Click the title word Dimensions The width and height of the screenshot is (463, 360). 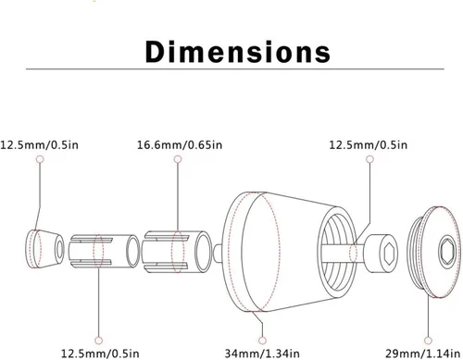238,52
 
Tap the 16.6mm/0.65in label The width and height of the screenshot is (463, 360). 180,144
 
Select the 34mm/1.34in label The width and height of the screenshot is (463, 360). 262,354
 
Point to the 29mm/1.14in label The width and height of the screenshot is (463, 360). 422,354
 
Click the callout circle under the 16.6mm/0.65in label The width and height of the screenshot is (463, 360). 178,159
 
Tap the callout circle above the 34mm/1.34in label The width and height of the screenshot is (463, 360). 262,341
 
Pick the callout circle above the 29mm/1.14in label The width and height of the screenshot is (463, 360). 428,341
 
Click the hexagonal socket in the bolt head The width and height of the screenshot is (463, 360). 388,254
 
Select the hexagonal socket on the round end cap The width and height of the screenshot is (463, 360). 447,252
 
